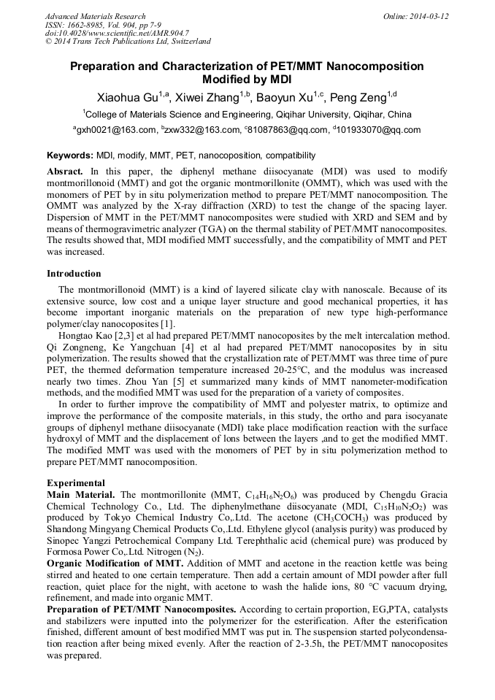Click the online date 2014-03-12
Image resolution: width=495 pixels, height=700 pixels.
click(429, 16)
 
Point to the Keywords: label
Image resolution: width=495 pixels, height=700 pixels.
click(69, 155)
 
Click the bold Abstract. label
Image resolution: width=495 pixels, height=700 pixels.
click(67, 169)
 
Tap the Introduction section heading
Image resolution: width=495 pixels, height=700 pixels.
click(74, 274)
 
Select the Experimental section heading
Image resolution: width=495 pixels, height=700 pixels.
click(76, 483)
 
